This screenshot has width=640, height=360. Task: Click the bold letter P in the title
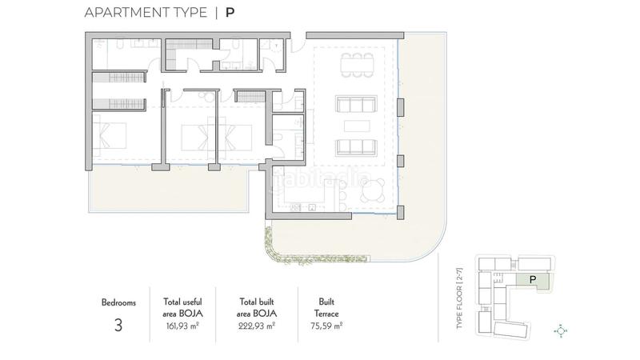point(230,14)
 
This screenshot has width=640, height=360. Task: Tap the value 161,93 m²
point(182,326)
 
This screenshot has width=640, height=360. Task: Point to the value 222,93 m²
point(258,326)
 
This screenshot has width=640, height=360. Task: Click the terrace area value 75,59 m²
point(326,326)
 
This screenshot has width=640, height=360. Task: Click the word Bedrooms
point(119,303)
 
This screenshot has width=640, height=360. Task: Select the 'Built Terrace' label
point(326,308)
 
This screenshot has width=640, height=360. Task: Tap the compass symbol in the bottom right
point(561,330)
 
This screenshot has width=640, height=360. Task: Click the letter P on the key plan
point(532,278)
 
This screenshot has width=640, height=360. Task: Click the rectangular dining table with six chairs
point(356,65)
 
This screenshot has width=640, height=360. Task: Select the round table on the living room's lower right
point(372,190)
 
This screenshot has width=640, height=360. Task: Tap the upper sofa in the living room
point(355,104)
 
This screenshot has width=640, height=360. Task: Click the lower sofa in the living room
point(355,147)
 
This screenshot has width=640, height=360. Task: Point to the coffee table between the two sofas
point(355,126)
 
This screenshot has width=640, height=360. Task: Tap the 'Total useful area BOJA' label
point(182,308)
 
